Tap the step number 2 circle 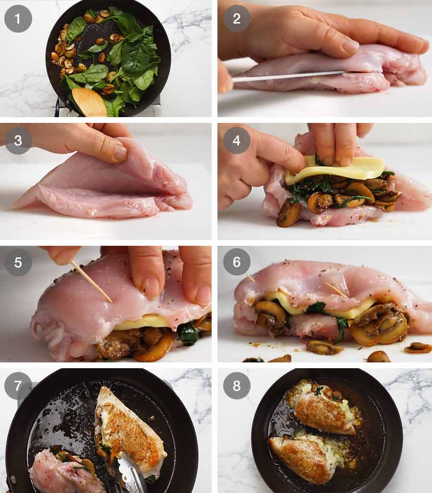[x=237, y=18]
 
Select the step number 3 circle [x=18, y=141]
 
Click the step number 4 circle [x=237, y=141]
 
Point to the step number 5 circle [x=18, y=262]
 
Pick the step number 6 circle [x=237, y=262]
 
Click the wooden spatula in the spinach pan [x=90, y=102]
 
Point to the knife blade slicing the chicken [x=288, y=76]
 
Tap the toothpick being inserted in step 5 [x=91, y=282]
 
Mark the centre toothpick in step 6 [x=336, y=289]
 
